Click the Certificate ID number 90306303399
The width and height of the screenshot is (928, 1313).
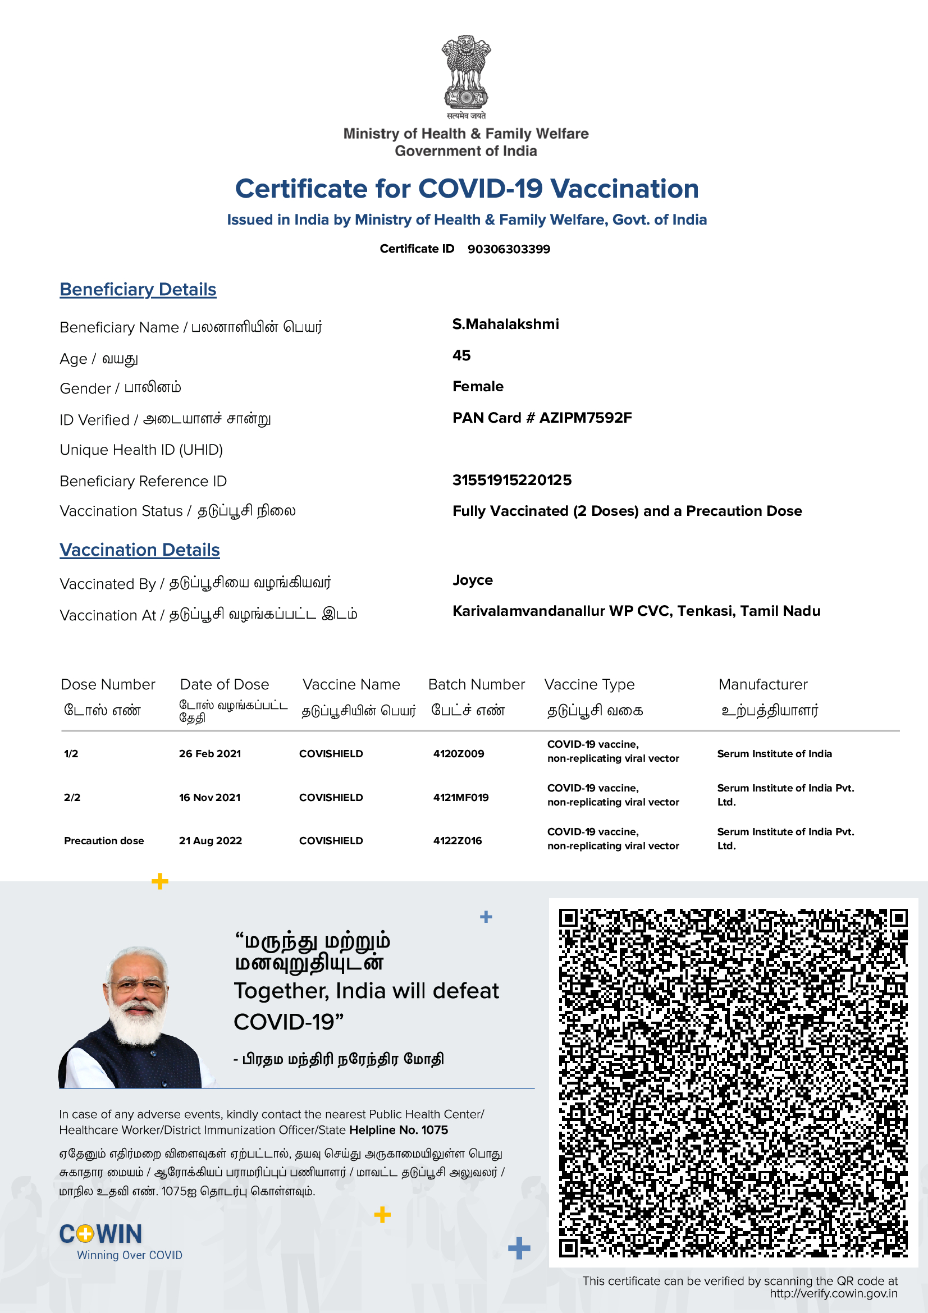(x=508, y=249)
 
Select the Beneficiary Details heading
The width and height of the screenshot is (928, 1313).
(x=138, y=289)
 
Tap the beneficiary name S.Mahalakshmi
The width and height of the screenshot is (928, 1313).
(x=505, y=324)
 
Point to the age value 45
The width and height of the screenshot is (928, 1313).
(x=461, y=355)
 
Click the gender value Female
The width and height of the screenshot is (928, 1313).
(x=477, y=387)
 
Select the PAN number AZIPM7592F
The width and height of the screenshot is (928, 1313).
(x=586, y=418)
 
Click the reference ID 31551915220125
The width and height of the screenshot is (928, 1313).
(x=512, y=480)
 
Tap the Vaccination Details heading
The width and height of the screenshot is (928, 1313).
(x=140, y=550)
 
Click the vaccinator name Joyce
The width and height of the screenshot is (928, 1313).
(x=472, y=580)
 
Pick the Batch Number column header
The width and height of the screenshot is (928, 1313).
(x=476, y=684)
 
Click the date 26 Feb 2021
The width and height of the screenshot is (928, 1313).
(x=210, y=754)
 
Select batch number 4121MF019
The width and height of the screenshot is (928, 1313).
(x=461, y=797)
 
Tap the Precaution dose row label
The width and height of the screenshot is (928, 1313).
(x=104, y=841)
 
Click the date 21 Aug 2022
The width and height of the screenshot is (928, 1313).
(x=211, y=841)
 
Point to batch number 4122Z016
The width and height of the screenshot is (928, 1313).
(x=458, y=841)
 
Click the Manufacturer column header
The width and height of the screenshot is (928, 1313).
(x=763, y=684)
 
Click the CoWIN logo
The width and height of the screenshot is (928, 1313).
(x=100, y=1234)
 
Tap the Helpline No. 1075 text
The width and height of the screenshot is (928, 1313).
(x=399, y=1130)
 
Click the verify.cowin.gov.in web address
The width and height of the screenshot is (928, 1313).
(x=833, y=1293)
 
